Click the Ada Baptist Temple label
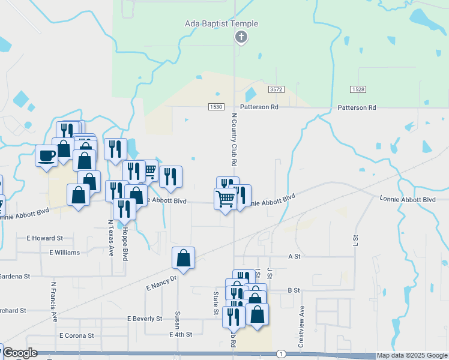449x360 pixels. point(221,24)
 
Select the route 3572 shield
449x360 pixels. point(276,89)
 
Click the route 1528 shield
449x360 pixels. point(358,89)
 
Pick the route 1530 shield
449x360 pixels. point(217,106)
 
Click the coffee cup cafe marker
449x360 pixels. point(47,156)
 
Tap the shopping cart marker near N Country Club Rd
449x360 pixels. point(225,199)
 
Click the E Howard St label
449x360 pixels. point(45,238)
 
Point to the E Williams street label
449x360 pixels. point(64,253)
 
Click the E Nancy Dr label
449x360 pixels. point(161,284)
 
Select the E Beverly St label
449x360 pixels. point(145,319)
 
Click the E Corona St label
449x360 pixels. point(76,335)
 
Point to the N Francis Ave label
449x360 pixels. point(53,302)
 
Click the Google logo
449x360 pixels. point(20,353)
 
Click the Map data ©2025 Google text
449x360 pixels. point(411,356)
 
